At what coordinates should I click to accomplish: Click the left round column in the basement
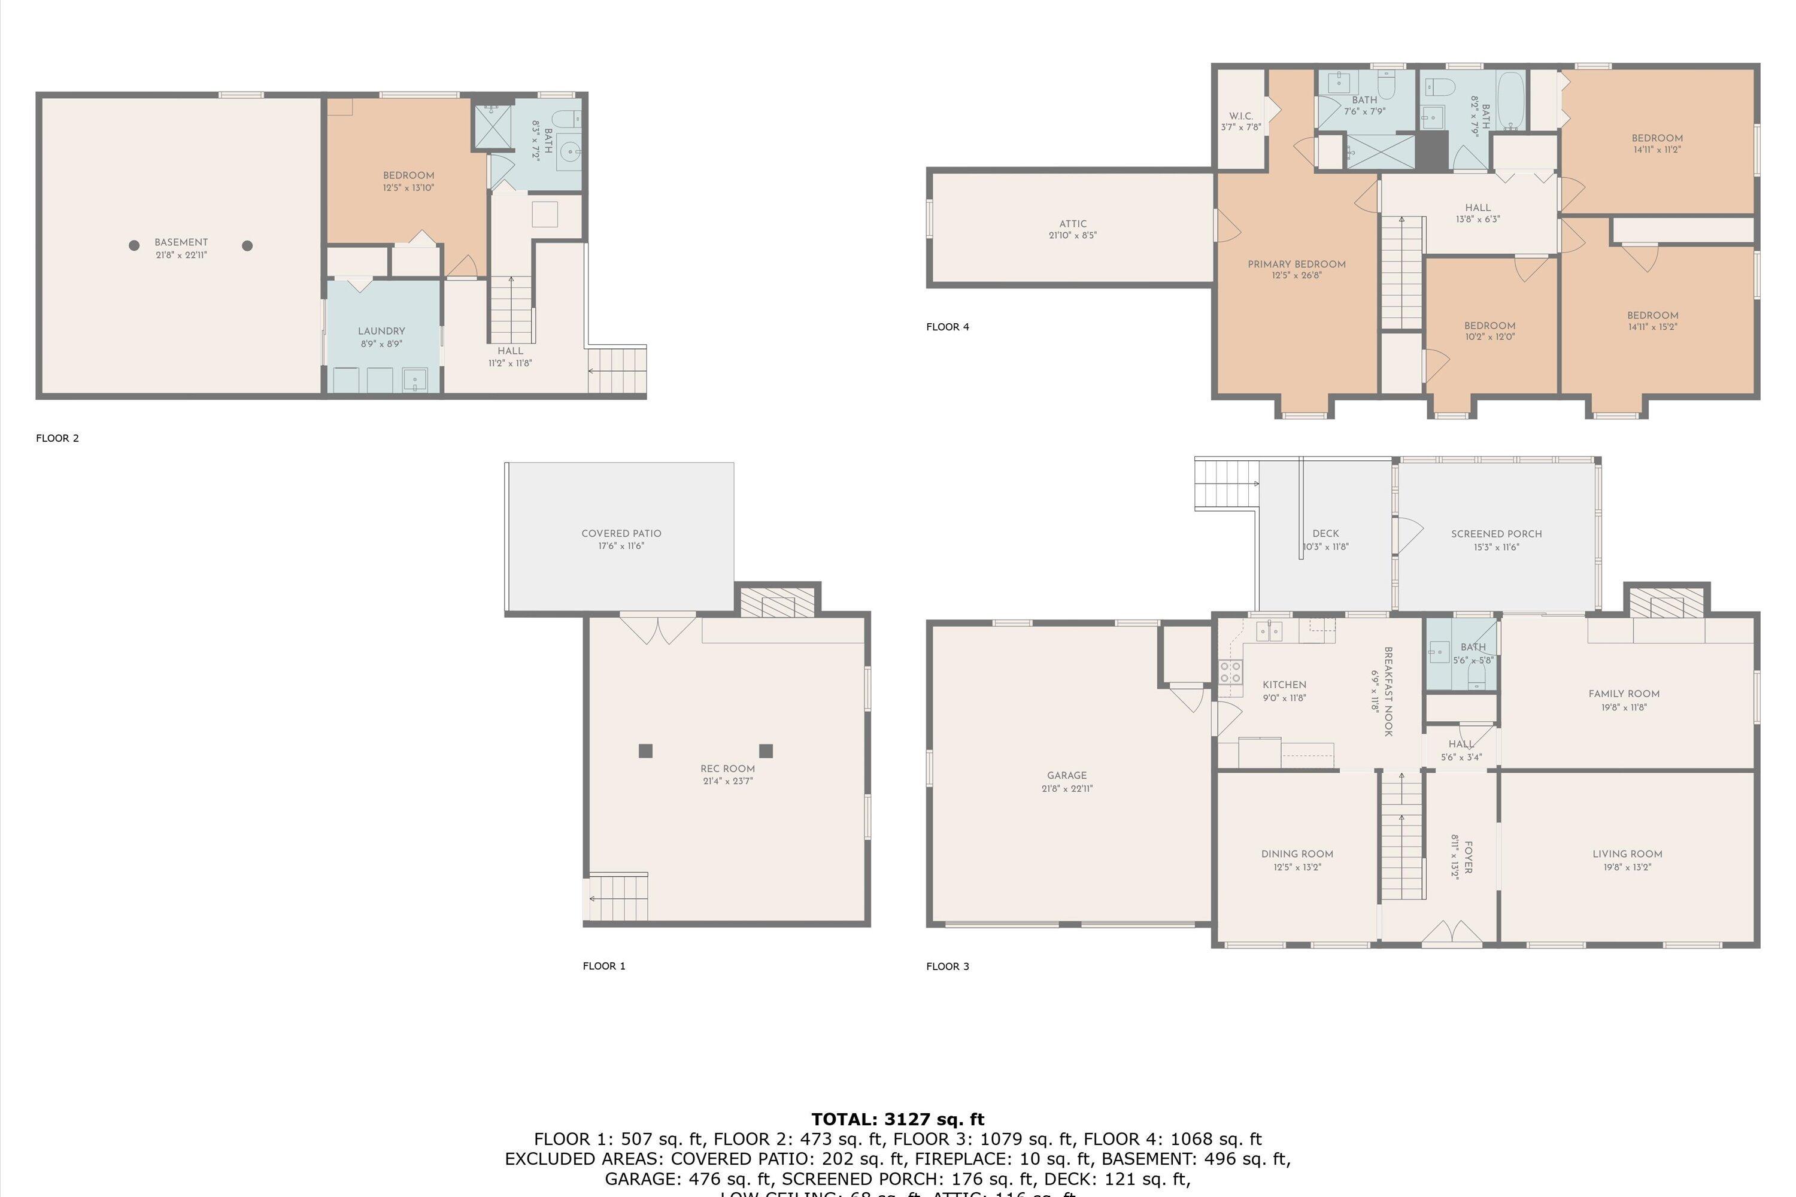(134, 245)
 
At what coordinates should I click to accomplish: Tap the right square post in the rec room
(766, 751)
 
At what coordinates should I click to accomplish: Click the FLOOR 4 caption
(947, 327)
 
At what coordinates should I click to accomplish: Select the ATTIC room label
(1072, 224)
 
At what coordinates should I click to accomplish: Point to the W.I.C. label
(1241, 116)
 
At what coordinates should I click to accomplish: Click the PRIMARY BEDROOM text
(1297, 264)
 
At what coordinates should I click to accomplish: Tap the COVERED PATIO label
(621, 534)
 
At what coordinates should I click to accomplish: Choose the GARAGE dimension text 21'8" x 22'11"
(1067, 788)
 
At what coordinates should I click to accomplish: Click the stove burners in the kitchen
(1230, 672)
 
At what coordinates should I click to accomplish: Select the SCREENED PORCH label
(1496, 534)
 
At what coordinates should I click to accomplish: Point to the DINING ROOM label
(1297, 853)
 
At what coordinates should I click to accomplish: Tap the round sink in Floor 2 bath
(569, 153)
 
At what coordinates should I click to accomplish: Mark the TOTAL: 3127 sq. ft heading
(897, 1119)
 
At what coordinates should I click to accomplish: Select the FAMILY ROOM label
(1624, 694)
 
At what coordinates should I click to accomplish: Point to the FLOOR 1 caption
(603, 966)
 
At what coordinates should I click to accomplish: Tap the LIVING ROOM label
(1627, 853)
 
